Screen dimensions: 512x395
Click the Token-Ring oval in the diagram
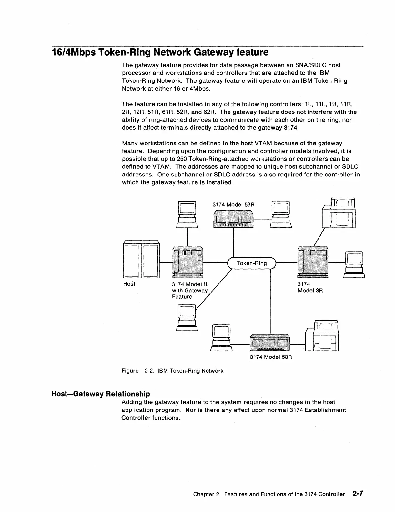click(x=252, y=263)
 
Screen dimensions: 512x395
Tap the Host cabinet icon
click(x=141, y=260)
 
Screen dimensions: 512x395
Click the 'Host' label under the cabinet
click(x=129, y=284)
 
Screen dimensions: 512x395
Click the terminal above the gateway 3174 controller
click(x=187, y=214)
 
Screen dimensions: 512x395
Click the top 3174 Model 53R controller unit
click(x=233, y=219)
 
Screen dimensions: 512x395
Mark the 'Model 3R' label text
click(x=310, y=290)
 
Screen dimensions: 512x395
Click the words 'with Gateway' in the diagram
click(x=189, y=290)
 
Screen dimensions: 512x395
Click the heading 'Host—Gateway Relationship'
click(x=101, y=394)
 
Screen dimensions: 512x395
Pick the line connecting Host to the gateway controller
click(x=167, y=262)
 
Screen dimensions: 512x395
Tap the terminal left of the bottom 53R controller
click(x=221, y=338)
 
